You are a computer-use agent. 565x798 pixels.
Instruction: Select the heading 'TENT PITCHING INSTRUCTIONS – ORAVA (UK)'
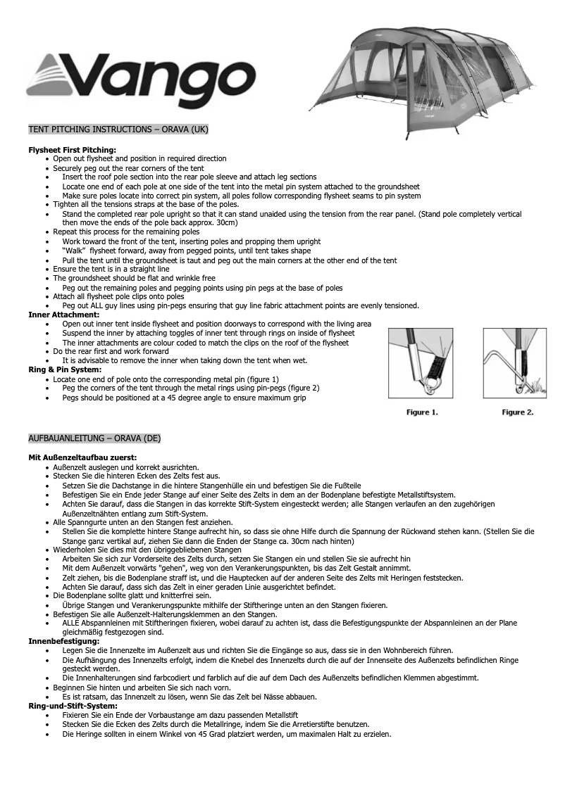[x=118, y=130]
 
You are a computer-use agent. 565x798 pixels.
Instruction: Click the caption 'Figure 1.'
[x=422, y=412]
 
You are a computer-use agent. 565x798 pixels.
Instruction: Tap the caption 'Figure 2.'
[x=518, y=412]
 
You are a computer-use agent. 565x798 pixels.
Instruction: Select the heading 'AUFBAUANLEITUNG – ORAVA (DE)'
[x=94, y=438]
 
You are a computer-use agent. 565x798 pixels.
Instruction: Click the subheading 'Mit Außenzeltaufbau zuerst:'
[x=82, y=458]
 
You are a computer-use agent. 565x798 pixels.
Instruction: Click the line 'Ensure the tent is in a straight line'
[x=111, y=269]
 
